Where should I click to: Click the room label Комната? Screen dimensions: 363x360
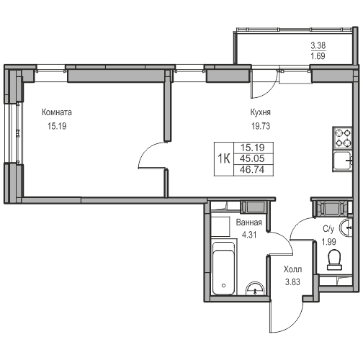pos(57,112)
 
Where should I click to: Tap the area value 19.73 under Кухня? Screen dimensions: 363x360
pos(261,126)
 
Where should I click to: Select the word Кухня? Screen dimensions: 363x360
pos(261,112)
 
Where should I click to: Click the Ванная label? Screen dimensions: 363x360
pos(249,222)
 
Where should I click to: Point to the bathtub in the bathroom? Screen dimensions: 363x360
pos(223,269)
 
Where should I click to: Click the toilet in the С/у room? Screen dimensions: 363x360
pos(334,260)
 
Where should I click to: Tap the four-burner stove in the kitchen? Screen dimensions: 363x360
pos(342,138)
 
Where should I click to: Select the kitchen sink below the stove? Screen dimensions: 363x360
pos(342,160)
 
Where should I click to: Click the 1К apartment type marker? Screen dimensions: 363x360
pos(224,158)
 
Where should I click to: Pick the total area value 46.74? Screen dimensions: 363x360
pos(252,170)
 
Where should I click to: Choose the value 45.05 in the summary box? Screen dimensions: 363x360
pos(252,158)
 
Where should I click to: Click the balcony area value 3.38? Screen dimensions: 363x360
pos(318,45)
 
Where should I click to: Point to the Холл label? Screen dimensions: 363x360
pos(292,269)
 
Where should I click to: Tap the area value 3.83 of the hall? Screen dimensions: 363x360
pos(292,282)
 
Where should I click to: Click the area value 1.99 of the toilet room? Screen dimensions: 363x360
pos(328,242)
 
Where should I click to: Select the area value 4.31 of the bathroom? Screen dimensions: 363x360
pos(249,235)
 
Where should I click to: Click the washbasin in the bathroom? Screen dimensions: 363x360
pos(255,289)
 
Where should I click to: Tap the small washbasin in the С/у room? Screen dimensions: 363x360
pos(346,227)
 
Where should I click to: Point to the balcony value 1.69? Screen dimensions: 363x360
pos(318,56)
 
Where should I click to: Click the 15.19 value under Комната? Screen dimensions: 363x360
pos(57,126)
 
